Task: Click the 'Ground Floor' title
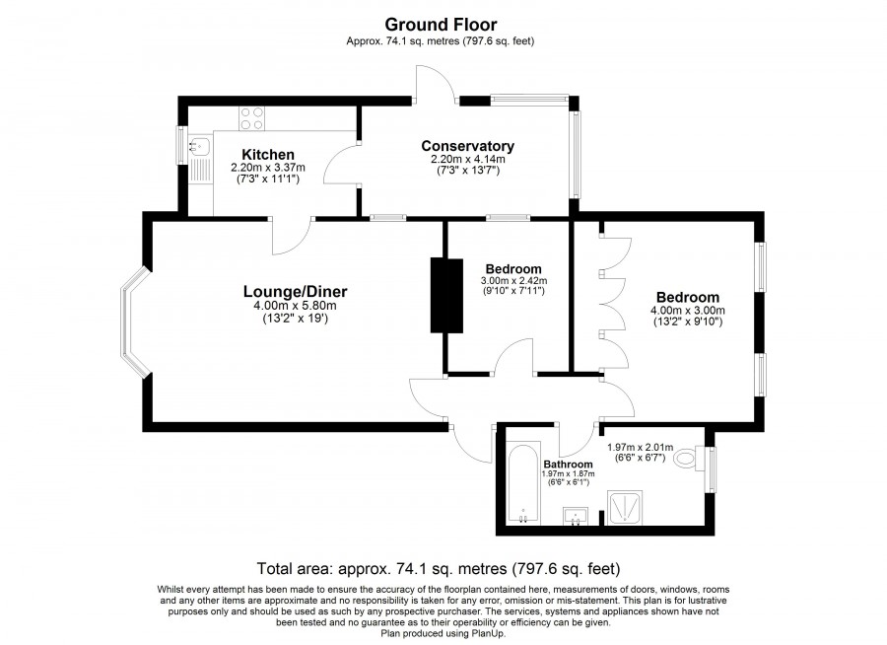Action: click(441, 25)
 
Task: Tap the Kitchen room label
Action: click(268, 155)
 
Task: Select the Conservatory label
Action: click(468, 146)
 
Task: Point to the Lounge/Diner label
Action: click(296, 292)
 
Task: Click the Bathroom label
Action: click(568, 465)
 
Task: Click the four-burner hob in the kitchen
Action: click(251, 119)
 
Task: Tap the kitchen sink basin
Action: click(198, 147)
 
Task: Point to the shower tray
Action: click(625, 507)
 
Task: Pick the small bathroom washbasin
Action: click(576, 516)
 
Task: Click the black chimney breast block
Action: click(446, 296)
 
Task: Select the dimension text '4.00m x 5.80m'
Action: click(295, 306)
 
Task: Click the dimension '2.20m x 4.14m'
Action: click(468, 160)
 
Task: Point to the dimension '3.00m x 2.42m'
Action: click(513, 281)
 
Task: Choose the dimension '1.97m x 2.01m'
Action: click(640, 448)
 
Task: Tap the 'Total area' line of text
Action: click(439, 568)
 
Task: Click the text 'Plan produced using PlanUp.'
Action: click(443, 633)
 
